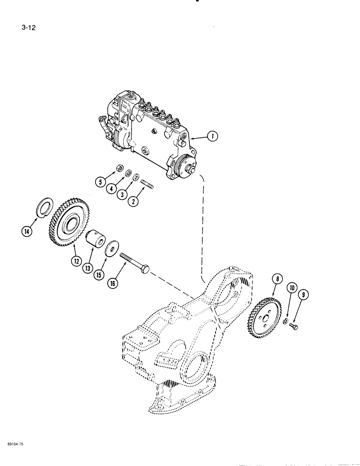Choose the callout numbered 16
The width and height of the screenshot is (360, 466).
(112, 283)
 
